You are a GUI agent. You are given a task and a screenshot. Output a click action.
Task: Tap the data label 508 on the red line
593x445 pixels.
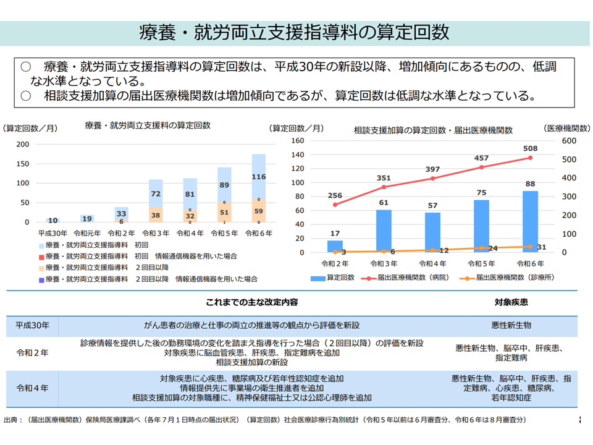tap(530, 148)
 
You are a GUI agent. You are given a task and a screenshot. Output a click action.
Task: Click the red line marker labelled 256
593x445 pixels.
tap(335, 205)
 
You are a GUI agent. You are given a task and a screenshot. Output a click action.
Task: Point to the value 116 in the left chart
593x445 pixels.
tap(259, 177)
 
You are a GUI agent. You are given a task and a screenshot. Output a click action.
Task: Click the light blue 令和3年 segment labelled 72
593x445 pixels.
tap(156, 193)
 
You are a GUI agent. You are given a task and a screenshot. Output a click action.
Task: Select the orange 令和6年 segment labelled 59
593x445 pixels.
tap(259, 211)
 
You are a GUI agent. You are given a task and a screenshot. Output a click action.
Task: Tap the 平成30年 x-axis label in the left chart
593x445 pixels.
tap(53, 233)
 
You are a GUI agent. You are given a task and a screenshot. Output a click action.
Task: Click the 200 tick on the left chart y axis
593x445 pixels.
tap(22, 145)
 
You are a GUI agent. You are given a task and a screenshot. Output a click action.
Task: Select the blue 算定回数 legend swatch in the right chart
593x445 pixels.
tap(317, 278)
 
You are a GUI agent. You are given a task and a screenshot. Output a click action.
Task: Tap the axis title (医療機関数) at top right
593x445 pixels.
tap(567, 128)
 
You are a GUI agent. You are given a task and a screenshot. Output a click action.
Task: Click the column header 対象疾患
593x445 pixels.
tap(511, 303)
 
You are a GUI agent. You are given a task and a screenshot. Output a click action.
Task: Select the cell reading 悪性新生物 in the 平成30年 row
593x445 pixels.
tap(511, 325)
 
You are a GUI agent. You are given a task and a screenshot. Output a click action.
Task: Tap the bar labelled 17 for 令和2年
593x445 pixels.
tap(335, 246)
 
